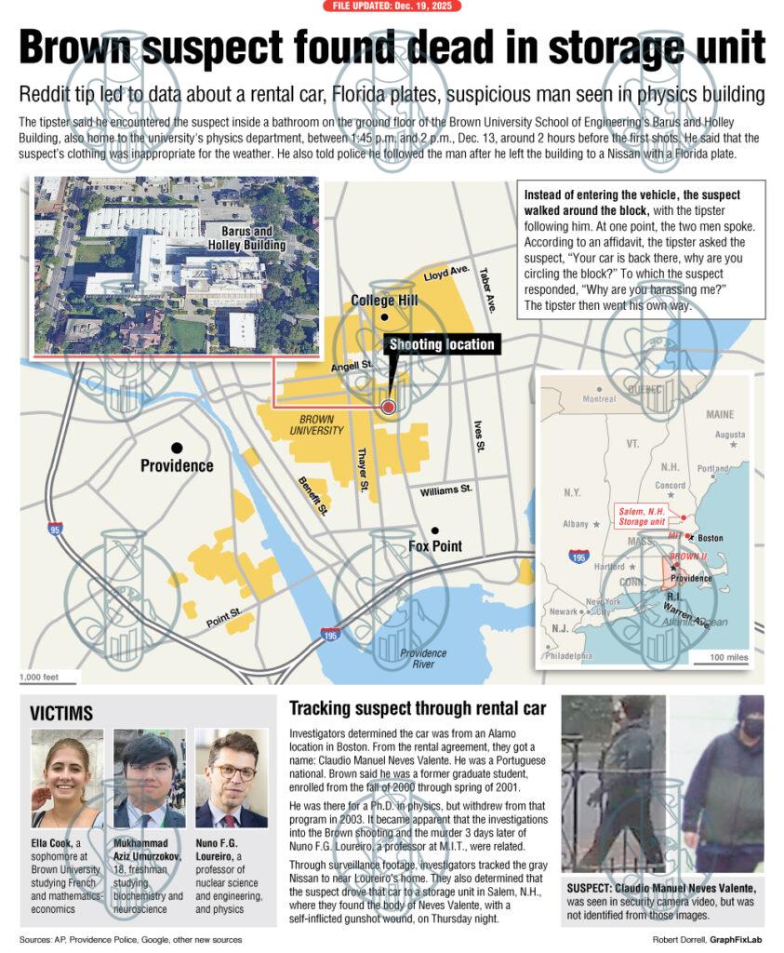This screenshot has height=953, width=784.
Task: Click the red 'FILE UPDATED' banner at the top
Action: [x=392, y=7]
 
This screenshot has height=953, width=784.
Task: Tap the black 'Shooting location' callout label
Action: [x=442, y=344]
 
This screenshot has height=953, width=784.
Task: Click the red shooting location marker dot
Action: [x=389, y=407]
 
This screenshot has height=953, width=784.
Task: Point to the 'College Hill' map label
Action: [x=384, y=301]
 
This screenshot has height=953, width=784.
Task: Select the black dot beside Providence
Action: [x=177, y=448]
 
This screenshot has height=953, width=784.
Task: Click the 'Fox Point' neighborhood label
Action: [x=435, y=546]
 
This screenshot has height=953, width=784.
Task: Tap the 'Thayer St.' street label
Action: [x=363, y=470]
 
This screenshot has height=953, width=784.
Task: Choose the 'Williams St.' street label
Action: [x=446, y=490]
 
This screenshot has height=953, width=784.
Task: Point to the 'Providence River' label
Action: [x=423, y=659]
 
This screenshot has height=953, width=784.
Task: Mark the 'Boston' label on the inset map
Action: [x=711, y=538]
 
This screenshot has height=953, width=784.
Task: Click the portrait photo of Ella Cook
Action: [x=67, y=779]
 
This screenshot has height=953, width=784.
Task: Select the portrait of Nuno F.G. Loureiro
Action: [x=232, y=779]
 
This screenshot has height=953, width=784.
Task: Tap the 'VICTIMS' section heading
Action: [x=61, y=714]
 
